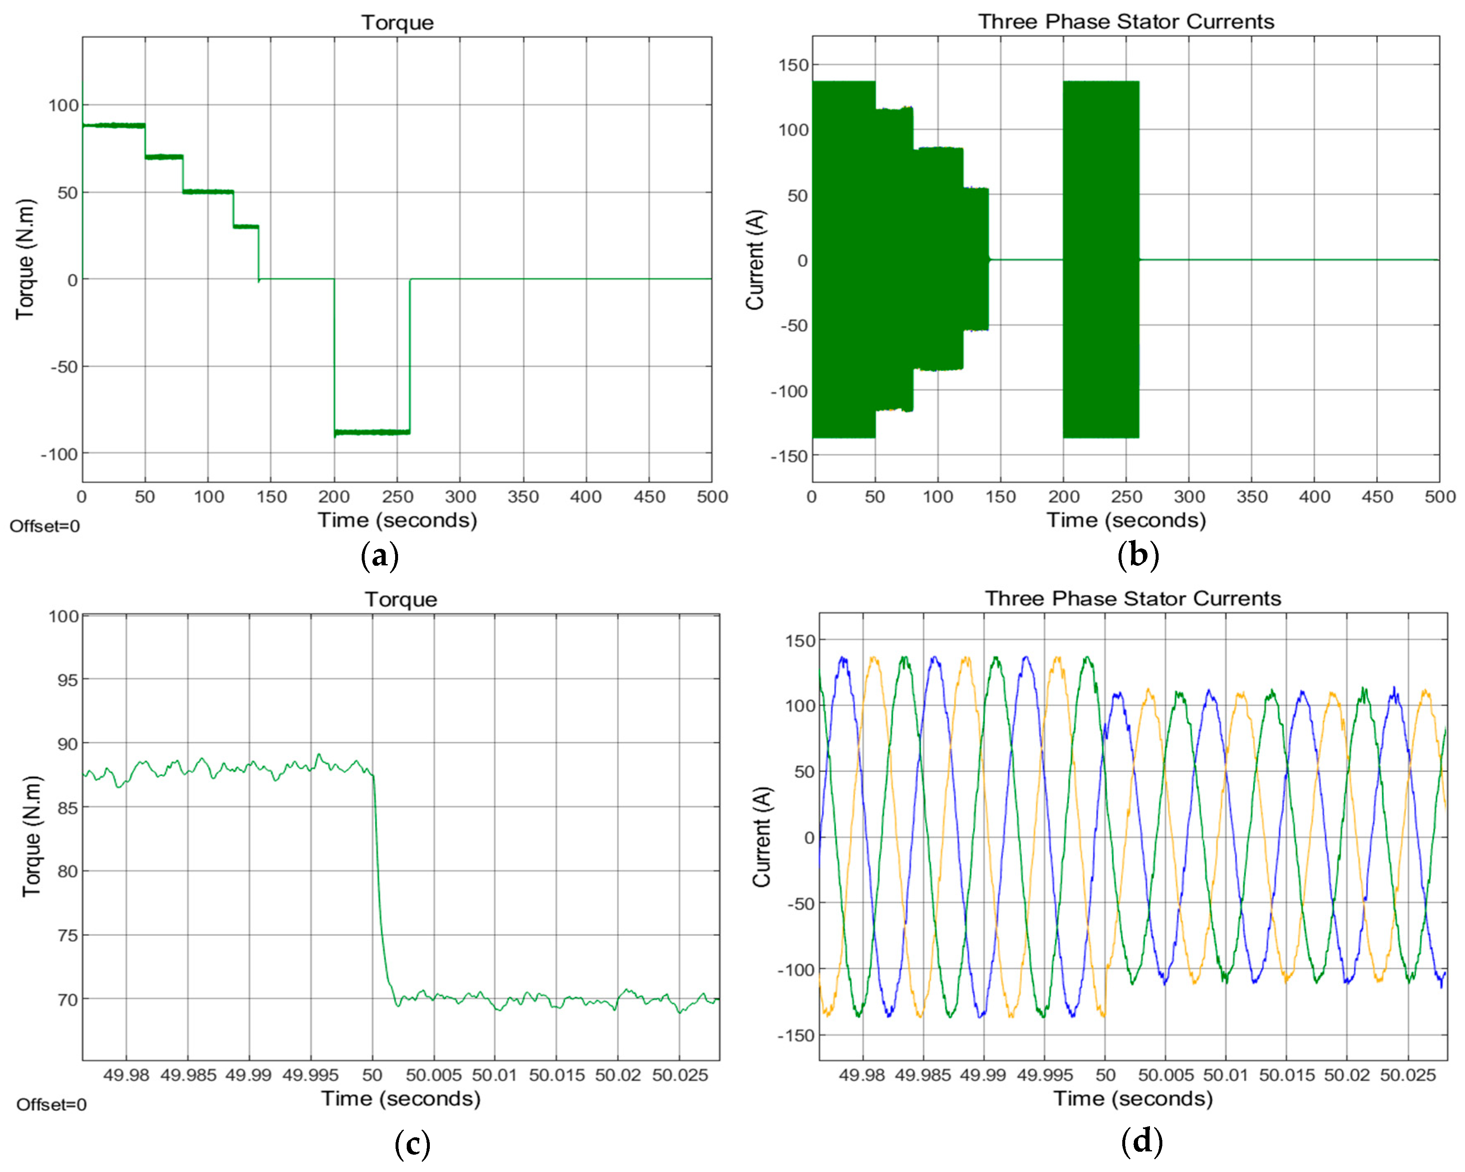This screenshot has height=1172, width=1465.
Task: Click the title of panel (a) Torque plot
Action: coord(398,22)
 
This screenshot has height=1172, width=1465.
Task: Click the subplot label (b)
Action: coord(1138,555)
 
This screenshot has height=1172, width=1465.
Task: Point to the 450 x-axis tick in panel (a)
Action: coord(649,497)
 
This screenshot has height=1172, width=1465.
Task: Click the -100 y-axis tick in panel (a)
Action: coord(60,454)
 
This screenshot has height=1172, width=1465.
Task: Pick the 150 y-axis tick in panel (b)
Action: coord(794,65)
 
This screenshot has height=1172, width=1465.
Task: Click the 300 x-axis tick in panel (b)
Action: coord(1189,497)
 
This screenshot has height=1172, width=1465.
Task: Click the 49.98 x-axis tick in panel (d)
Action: coord(862,1075)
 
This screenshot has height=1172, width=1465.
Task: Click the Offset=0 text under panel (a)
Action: coord(45,526)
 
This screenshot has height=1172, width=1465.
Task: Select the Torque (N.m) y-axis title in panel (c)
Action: coord(31,836)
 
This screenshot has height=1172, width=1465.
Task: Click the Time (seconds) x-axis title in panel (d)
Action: coord(1133,1098)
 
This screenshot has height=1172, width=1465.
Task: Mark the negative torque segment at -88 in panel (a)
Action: coord(372,432)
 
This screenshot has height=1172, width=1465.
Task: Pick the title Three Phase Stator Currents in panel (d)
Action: coord(1133,598)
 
